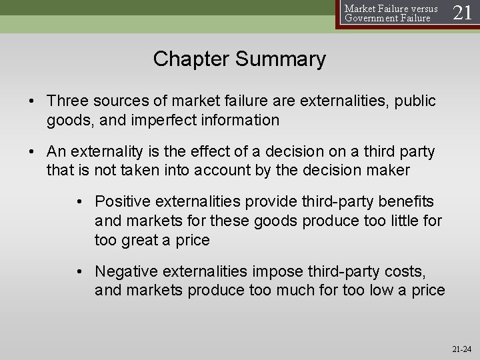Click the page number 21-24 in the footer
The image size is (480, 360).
[461, 349]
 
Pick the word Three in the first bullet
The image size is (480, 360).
[69, 101]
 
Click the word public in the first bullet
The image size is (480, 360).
[413, 101]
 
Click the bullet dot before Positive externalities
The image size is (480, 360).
[81, 201]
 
